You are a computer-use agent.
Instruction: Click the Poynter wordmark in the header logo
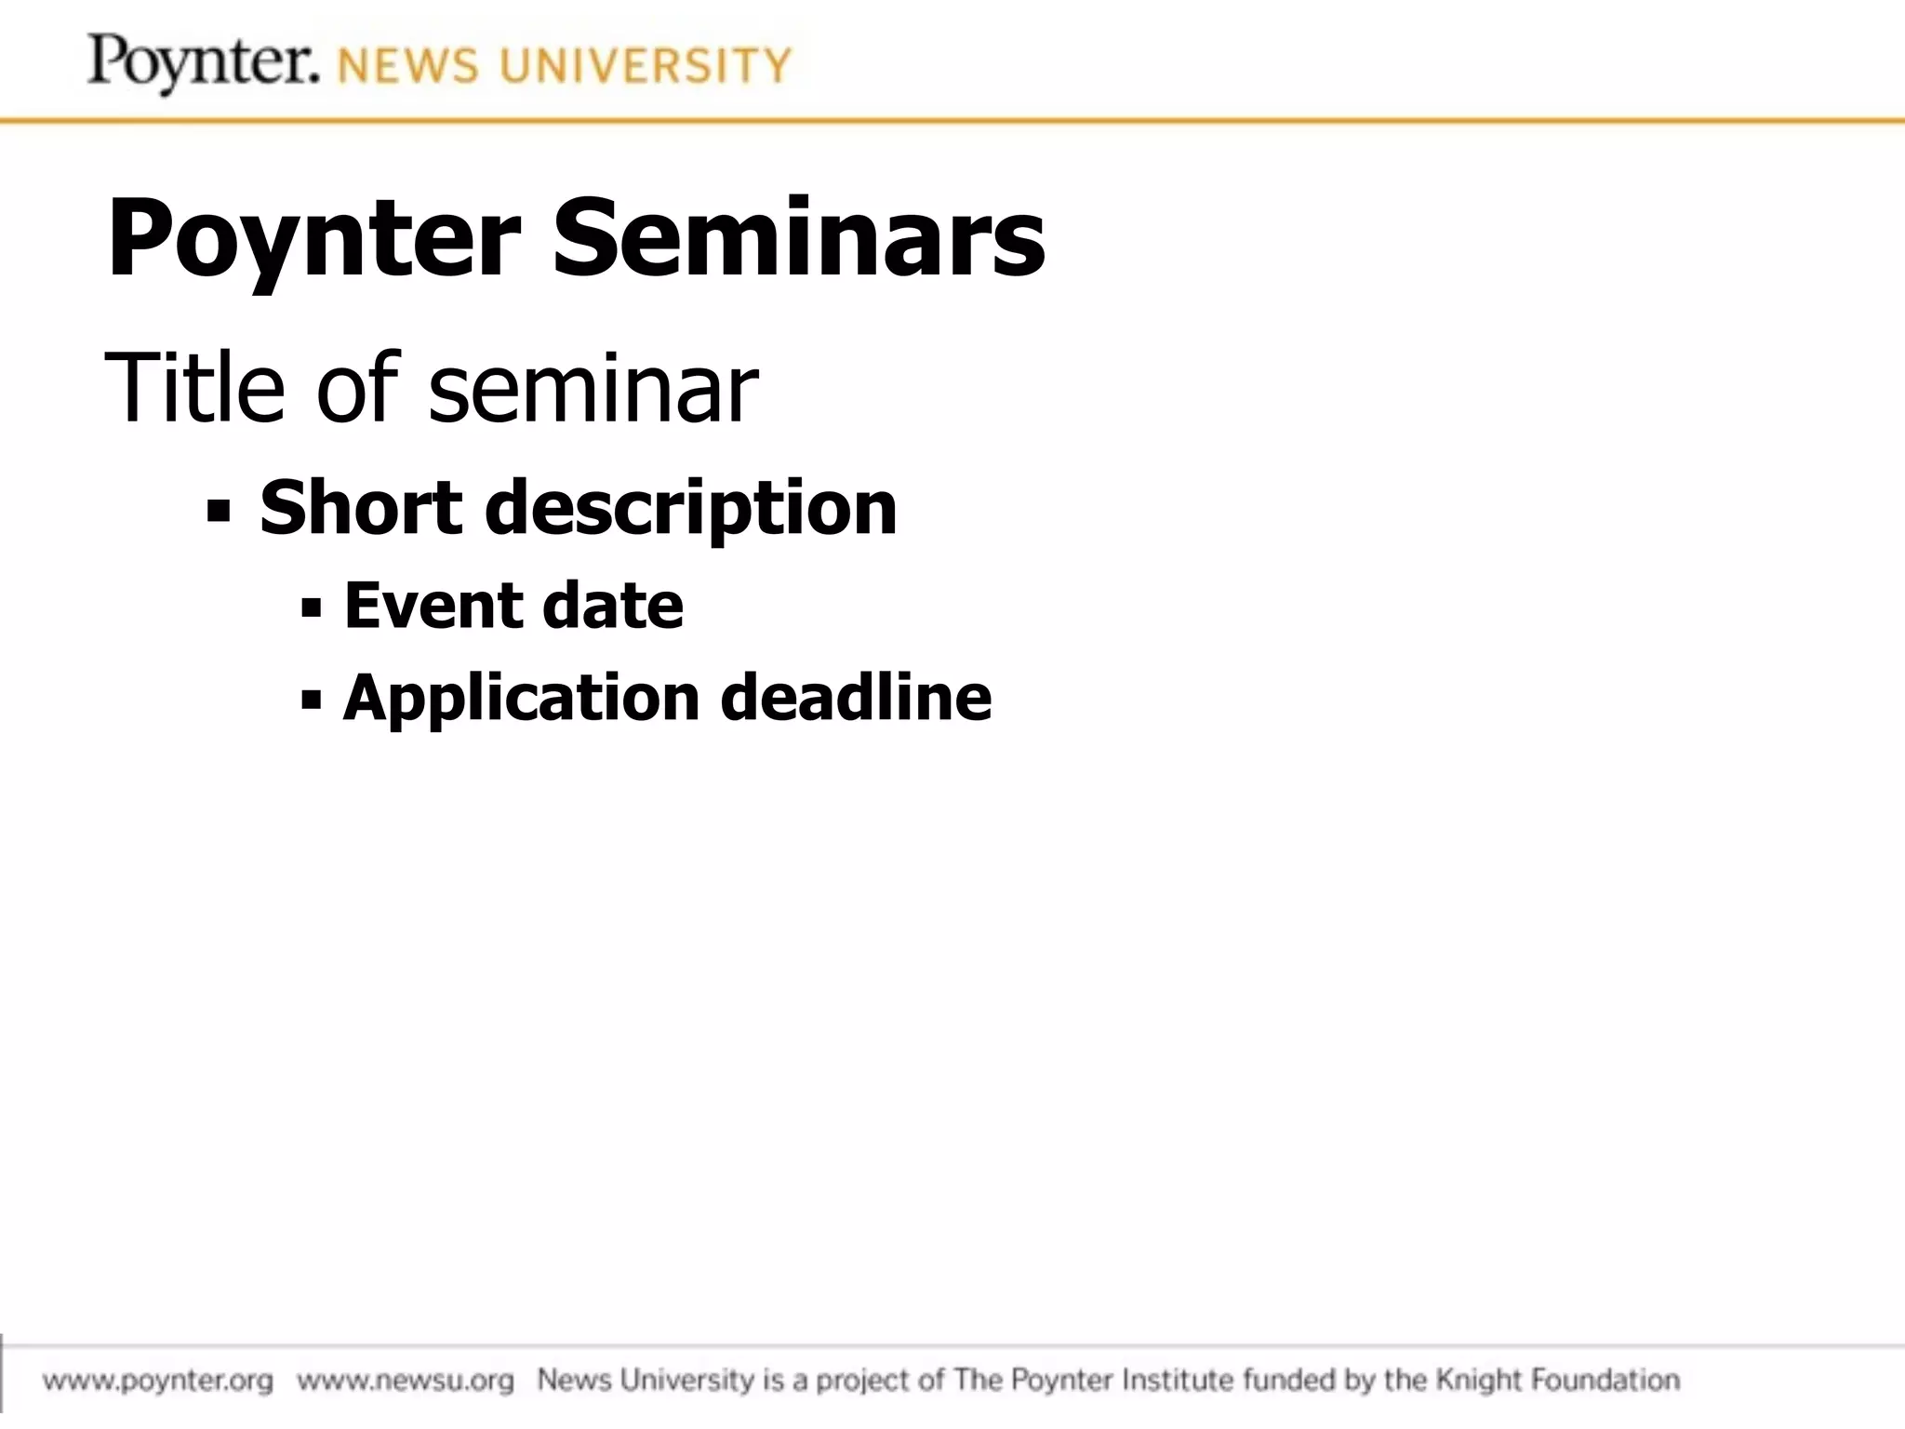(x=203, y=63)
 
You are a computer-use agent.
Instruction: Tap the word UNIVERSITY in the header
(x=645, y=67)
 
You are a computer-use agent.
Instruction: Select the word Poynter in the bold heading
(x=313, y=240)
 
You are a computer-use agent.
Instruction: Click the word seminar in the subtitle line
(x=593, y=389)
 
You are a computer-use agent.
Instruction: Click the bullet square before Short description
(x=219, y=512)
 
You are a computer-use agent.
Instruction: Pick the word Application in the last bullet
(x=521, y=698)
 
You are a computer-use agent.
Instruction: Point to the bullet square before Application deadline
(x=312, y=700)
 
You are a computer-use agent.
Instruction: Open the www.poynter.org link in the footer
(x=158, y=1380)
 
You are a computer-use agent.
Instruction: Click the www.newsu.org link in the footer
(x=406, y=1380)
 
